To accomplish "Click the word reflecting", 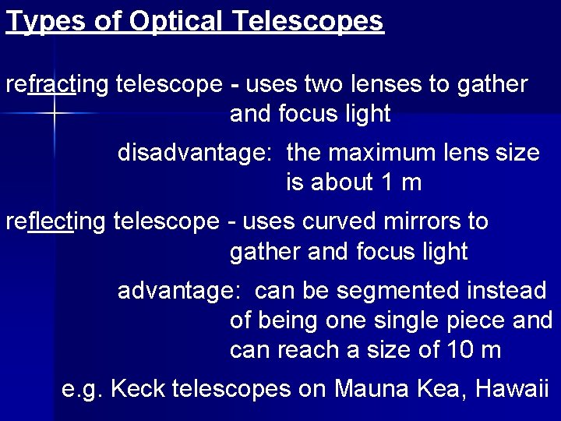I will (56, 221).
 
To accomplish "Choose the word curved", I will (340, 221).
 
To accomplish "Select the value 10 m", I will (475, 350).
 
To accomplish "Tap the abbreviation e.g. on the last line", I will (83, 388).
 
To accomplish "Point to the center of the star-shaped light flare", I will (55, 114).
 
